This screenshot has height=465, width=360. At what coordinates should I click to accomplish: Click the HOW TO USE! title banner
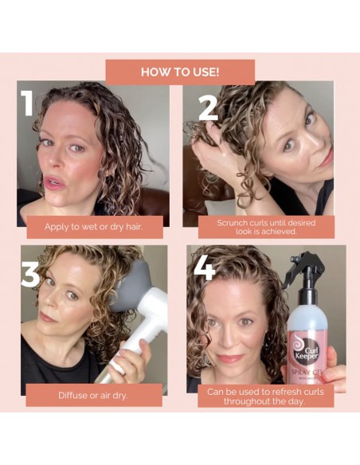pyautogui.click(x=180, y=71)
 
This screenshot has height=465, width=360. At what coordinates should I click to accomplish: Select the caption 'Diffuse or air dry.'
pyautogui.click(x=93, y=395)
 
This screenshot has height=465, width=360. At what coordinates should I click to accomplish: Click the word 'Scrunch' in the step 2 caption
pyautogui.click(x=233, y=222)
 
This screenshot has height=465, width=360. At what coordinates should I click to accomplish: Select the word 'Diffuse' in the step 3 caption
pyautogui.click(x=72, y=395)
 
